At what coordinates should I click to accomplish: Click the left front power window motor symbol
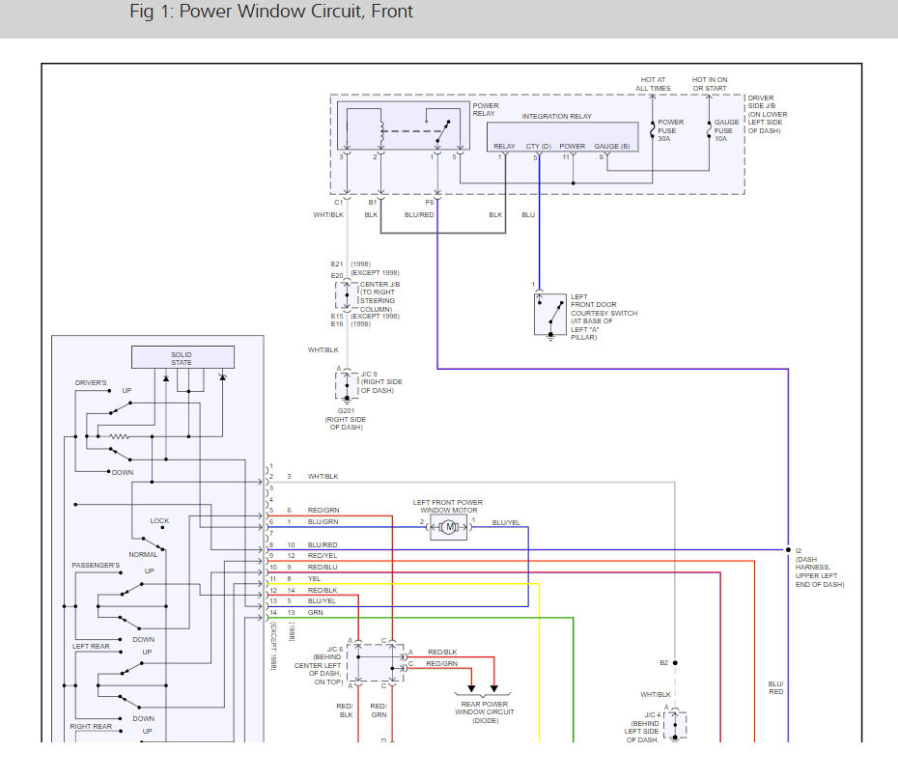coord(449,527)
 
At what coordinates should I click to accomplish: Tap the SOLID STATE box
coord(182,358)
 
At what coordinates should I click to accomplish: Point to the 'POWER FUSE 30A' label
coord(671,130)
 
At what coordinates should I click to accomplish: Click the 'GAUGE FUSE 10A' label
coord(727,130)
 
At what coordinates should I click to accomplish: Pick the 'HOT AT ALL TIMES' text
coord(654,84)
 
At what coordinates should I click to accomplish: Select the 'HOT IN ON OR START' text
coord(710,84)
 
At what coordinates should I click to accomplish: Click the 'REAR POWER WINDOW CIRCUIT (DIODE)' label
coord(484,712)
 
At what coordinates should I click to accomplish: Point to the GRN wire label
coord(316,612)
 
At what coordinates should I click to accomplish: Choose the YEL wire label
coord(314,578)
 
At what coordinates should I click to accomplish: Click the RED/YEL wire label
coord(323,556)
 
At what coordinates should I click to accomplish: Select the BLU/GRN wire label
coord(323,522)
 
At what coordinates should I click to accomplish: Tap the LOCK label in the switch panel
coord(159,521)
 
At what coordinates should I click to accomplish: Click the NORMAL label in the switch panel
coord(143,555)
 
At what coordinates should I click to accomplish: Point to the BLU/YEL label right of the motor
coord(506,522)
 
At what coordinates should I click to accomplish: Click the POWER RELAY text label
coord(486,109)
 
